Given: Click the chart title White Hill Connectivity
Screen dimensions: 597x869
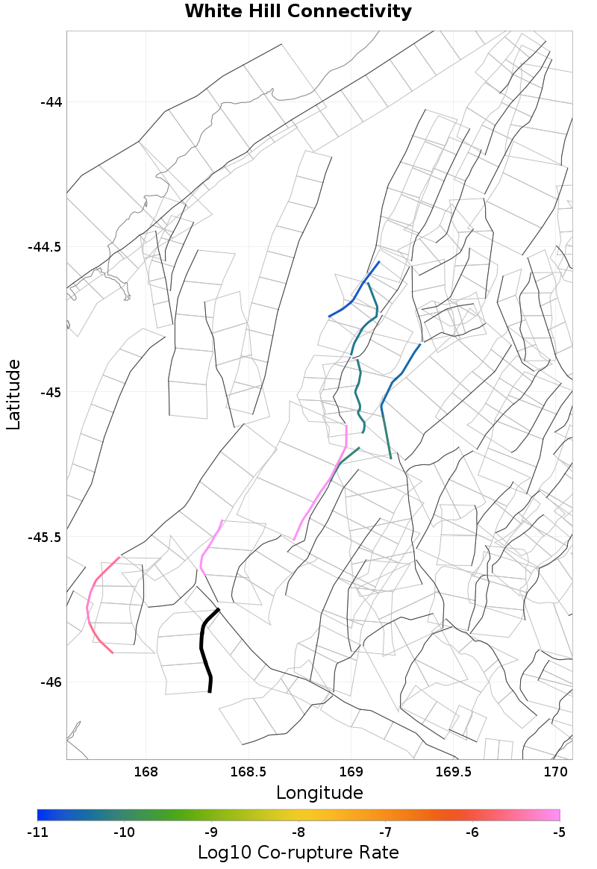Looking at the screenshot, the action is coord(298,12).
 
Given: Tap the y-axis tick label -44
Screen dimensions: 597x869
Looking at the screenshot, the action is coord(50,102).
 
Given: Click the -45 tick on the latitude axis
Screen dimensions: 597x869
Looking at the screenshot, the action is coord(50,392).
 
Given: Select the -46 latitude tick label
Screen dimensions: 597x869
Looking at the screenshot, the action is coord(50,682).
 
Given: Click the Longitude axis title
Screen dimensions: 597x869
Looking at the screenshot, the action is coord(319,792).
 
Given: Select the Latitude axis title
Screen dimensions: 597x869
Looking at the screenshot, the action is coord(13,394).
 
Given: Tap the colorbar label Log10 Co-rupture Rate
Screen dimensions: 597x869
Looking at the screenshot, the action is coord(298,852).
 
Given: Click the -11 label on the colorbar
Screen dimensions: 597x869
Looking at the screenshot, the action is coord(37,832).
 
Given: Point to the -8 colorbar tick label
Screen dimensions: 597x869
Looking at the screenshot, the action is coord(298,832).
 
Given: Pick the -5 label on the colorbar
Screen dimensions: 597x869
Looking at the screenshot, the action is coord(560,832).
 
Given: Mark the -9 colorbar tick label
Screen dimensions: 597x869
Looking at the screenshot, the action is coord(211,832).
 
